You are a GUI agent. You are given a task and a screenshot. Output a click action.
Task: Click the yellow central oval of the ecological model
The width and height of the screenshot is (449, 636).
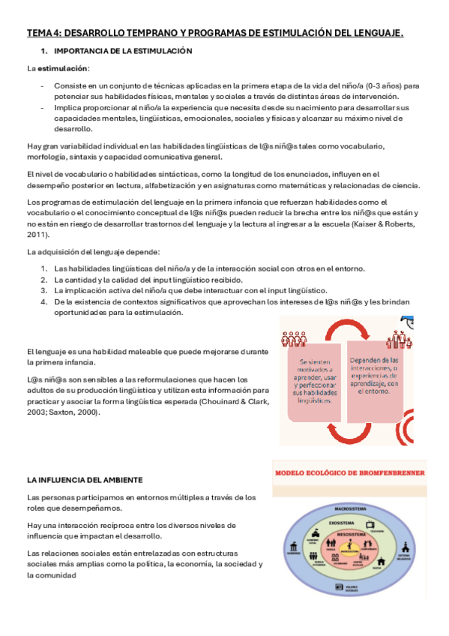click(x=350, y=551)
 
